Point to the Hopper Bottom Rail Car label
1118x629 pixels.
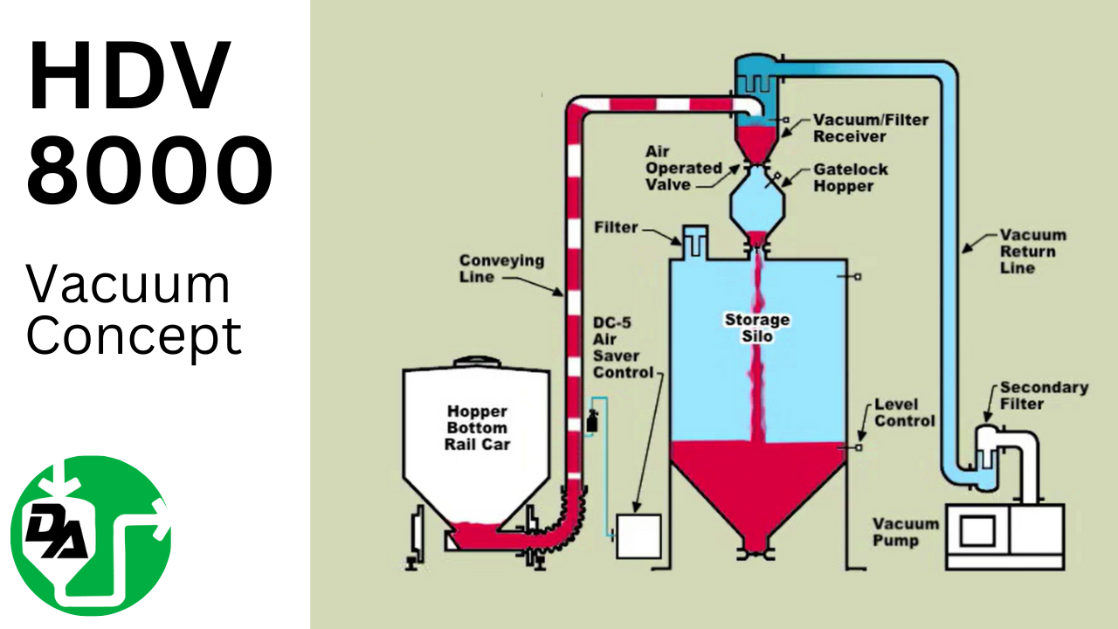[x=477, y=427]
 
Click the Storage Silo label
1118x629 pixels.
[x=756, y=328]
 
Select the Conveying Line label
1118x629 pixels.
[x=501, y=268]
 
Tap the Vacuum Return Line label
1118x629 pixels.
[x=1033, y=252]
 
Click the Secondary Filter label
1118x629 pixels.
[x=1044, y=395]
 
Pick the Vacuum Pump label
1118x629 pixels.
[x=906, y=532]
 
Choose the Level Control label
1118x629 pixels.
[x=904, y=412]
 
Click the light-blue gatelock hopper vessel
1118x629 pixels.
[x=756, y=200]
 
